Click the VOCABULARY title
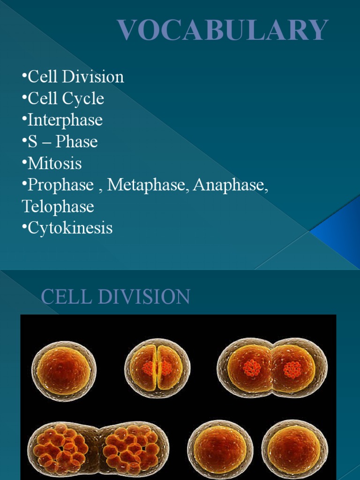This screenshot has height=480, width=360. tap(223, 30)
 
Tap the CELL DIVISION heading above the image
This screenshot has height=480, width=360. tap(115, 297)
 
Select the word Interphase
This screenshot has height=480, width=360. tap(65, 120)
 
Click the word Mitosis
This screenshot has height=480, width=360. tap(55, 164)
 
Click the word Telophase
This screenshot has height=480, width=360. tap(58, 207)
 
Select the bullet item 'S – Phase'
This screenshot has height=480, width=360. tap(62, 142)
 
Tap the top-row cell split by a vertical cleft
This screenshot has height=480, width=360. tap(157, 367)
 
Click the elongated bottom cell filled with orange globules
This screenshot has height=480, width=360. tap(91, 448)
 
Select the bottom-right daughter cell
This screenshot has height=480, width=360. tap(294, 449)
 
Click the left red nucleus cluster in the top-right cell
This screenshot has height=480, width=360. tap(252, 368)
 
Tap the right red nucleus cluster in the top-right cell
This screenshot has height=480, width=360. tap(292, 369)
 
